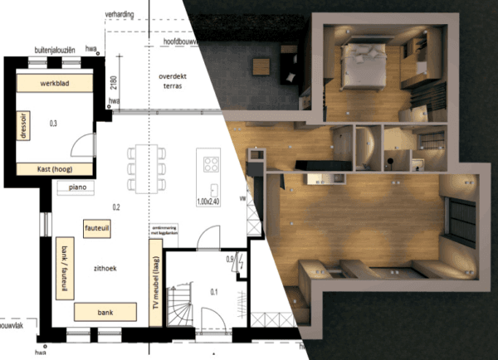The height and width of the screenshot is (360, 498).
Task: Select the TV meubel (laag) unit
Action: pos(154,280)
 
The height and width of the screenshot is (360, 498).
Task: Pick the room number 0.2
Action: pos(115,207)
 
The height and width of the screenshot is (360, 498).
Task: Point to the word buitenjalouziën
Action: pos(53,50)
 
